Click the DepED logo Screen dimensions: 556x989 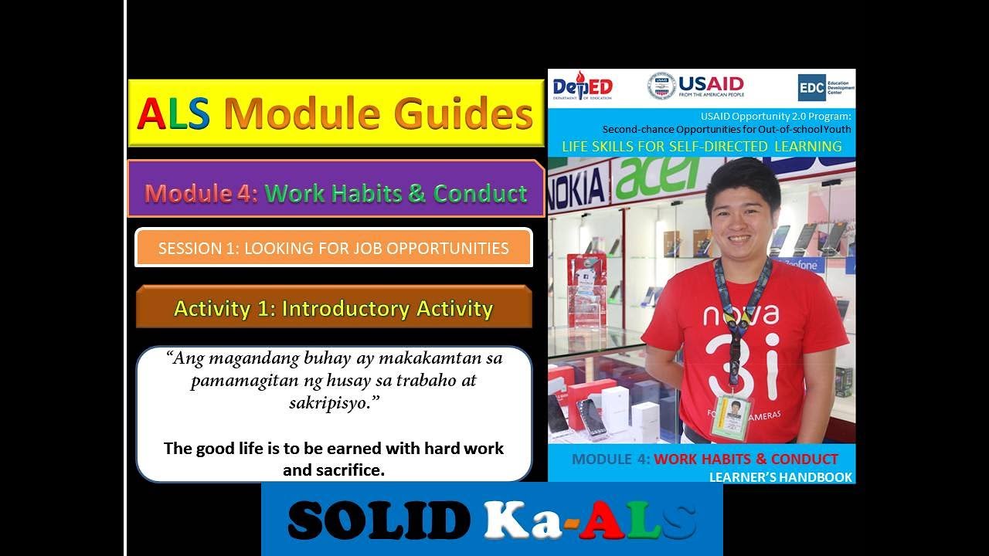pyautogui.click(x=582, y=86)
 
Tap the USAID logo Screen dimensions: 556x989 pyautogui.click(x=695, y=86)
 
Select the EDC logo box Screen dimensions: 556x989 pyautogui.click(x=811, y=87)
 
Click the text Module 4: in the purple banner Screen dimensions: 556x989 pyautogui.click(x=201, y=192)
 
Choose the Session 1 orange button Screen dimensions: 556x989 pyautogui.click(x=333, y=248)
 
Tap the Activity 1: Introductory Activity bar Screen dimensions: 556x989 pyautogui.click(x=333, y=308)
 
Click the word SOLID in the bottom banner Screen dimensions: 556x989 pyautogui.click(x=379, y=520)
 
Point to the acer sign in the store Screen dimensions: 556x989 pyautogui.click(x=656, y=175)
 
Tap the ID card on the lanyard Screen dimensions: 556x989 pyautogui.click(x=731, y=417)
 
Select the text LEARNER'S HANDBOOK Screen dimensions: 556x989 pyautogui.click(x=780, y=477)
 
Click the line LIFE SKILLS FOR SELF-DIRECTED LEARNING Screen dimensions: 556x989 pyautogui.click(x=701, y=146)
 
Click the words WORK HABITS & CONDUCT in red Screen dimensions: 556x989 pyautogui.click(x=746, y=459)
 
